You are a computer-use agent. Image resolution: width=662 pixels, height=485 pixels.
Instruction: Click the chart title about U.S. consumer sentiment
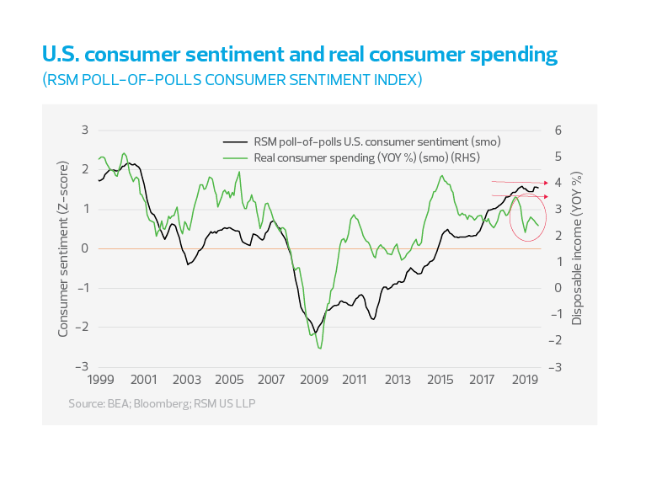pyautogui.click(x=299, y=56)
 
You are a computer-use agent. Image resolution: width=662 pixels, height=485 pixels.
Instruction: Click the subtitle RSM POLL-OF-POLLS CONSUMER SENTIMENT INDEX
pyautogui.click(x=232, y=81)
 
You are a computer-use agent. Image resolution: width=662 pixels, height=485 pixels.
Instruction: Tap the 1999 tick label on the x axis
pyautogui.click(x=99, y=379)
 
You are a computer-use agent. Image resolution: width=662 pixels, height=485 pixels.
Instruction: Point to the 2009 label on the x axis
pyautogui.click(x=313, y=379)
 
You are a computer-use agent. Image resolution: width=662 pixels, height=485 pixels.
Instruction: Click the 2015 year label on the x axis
pyautogui.click(x=441, y=379)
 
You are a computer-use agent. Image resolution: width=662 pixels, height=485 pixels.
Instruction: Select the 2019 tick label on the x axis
pyautogui.click(x=526, y=379)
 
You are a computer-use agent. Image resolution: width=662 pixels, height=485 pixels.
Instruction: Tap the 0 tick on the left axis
pyautogui.click(x=85, y=248)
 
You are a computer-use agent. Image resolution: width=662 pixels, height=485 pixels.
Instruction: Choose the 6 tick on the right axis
pyautogui.click(x=557, y=130)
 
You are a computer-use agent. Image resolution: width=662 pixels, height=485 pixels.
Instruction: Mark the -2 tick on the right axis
pyautogui.click(x=555, y=340)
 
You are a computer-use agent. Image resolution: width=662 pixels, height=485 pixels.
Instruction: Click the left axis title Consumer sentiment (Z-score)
pyautogui.click(x=62, y=248)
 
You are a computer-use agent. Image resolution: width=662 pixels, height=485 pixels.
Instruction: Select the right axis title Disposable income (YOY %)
pyautogui.click(x=578, y=248)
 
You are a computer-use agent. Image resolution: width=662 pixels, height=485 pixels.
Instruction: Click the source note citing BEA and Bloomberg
pyautogui.click(x=162, y=404)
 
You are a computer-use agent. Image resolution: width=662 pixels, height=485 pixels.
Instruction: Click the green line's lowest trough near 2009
pyautogui.click(x=319, y=347)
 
